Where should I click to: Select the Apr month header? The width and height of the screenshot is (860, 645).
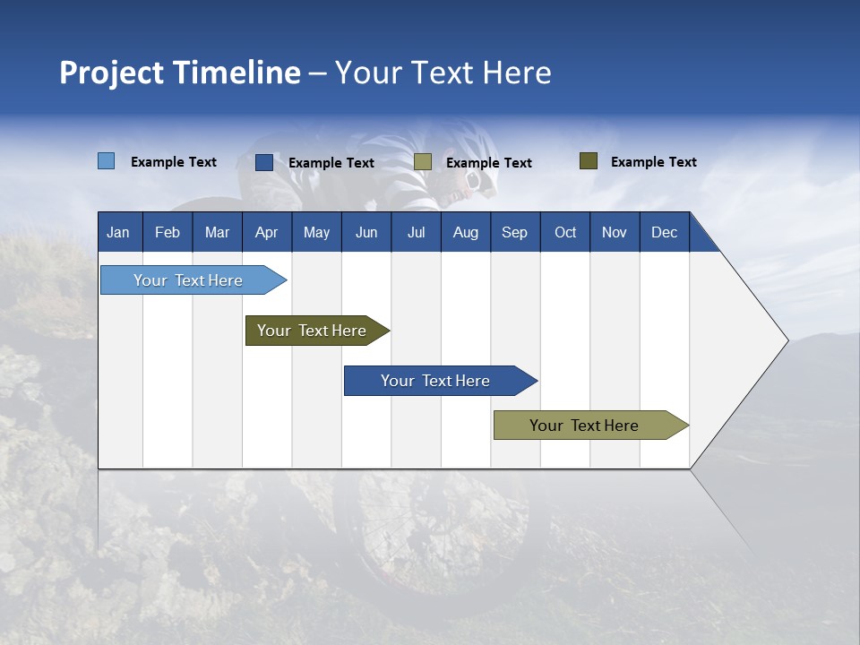267,232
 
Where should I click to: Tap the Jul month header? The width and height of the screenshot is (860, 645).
417,232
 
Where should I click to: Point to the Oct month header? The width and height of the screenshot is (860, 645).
565,232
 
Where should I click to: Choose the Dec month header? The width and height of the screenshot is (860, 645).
665,232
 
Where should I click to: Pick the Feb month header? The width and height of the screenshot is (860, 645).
168,232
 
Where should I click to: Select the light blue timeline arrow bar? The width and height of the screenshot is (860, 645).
193,279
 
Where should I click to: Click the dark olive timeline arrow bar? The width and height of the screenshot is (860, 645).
317,331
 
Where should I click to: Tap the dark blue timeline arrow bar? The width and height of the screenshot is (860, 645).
441,381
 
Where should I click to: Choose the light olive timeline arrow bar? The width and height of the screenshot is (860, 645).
591,425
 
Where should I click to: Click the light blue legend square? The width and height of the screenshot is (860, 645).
107,160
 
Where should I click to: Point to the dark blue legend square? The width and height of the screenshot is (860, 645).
264,162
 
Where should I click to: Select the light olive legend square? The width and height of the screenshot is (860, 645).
423,162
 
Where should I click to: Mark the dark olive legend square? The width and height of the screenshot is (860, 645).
589,160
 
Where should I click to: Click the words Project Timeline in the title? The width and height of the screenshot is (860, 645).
180,73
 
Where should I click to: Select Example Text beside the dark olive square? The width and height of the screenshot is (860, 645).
654,162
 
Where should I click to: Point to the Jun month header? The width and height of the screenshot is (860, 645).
366,232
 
